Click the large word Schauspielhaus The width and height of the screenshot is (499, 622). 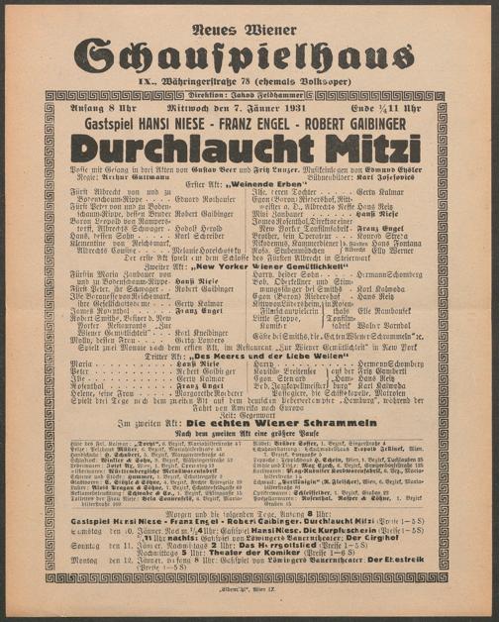(x=249, y=53)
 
